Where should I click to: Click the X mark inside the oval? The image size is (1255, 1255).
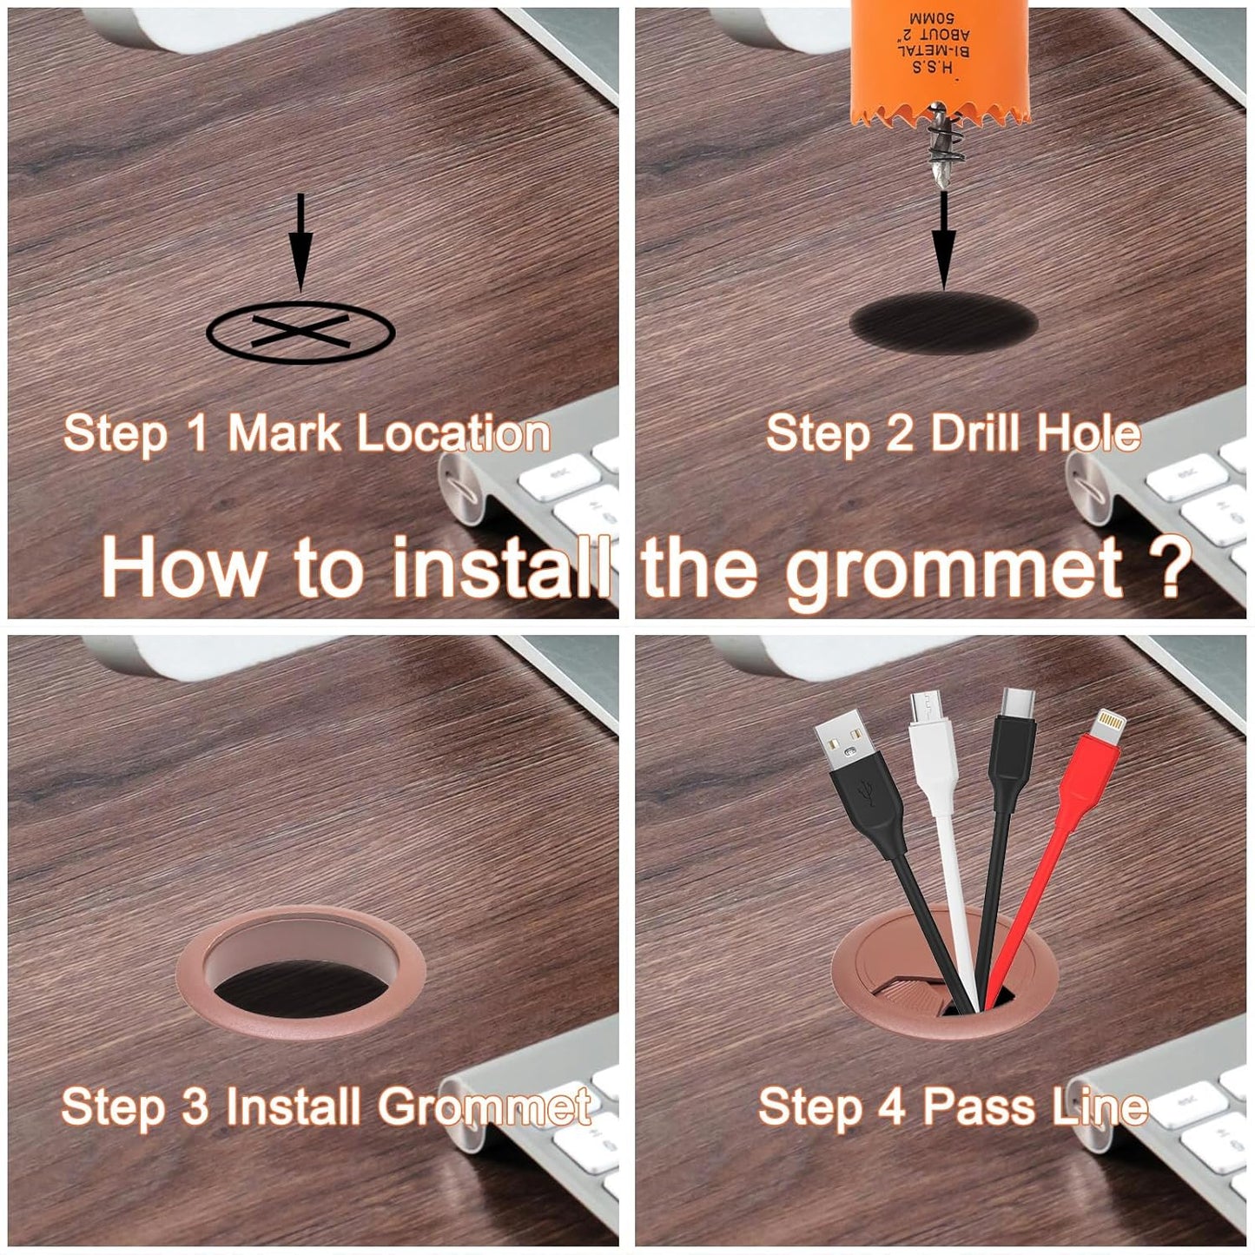click(301, 331)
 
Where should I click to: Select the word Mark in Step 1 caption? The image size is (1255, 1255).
click(283, 433)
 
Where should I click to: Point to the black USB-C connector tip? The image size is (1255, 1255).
click(1014, 708)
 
